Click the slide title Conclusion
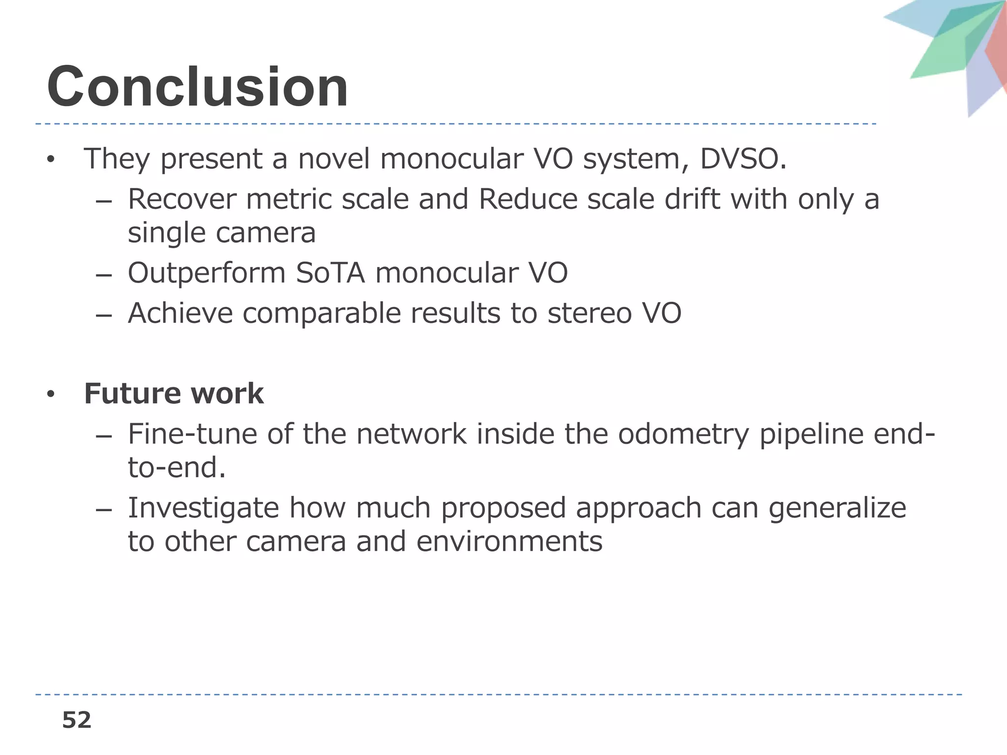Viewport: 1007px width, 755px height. [x=198, y=87]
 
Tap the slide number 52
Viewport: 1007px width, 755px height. [x=77, y=720]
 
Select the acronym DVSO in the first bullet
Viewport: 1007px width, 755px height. [x=739, y=159]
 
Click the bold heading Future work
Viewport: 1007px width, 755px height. [x=174, y=393]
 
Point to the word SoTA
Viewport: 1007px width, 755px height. [x=330, y=273]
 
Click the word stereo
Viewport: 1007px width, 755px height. [x=589, y=313]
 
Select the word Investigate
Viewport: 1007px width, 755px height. [x=203, y=508]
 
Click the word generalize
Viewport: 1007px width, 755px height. [x=837, y=508]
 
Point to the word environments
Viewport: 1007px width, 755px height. [x=509, y=542]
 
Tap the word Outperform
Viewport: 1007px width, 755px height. [x=207, y=273]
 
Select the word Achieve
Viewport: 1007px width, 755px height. [x=180, y=313]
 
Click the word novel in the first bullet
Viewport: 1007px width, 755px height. [x=333, y=159]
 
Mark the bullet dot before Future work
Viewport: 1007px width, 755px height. [x=50, y=394]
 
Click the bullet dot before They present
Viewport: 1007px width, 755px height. [x=50, y=160]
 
